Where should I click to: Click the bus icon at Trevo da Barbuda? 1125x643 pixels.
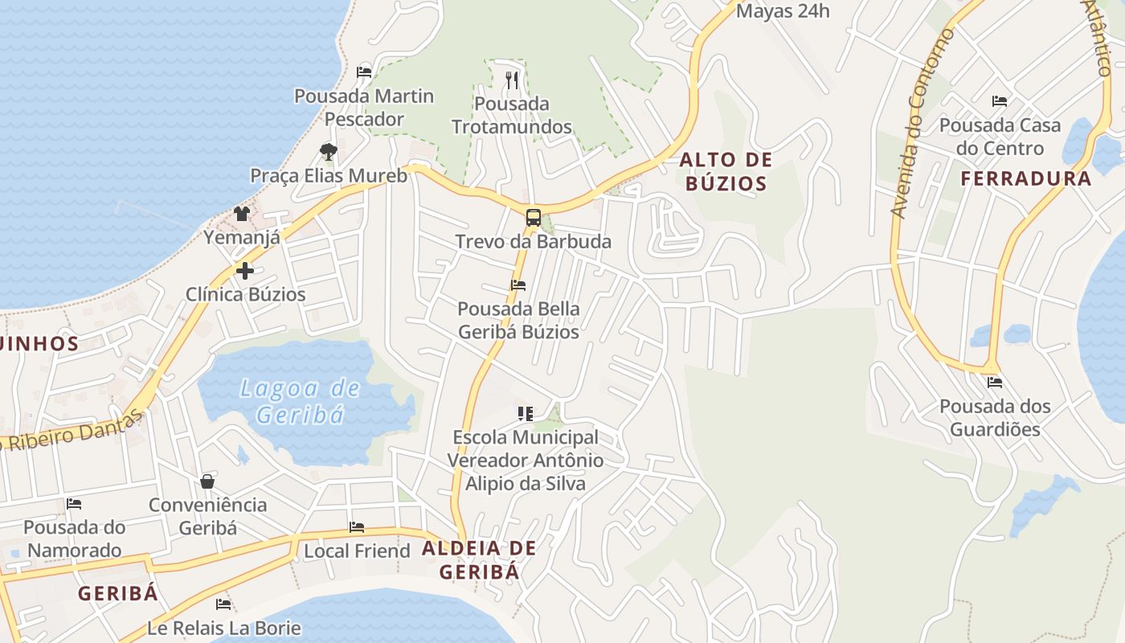[x=533, y=217]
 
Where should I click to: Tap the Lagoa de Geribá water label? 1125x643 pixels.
[x=301, y=401]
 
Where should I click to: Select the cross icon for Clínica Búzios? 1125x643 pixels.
[x=245, y=271]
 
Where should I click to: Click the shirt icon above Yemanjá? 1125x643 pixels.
[x=241, y=213]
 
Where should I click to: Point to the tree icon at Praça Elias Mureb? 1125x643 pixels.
[x=328, y=151]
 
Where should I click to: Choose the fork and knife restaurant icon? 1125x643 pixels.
[x=512, y=80]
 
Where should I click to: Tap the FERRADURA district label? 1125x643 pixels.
[x=1026, y=178]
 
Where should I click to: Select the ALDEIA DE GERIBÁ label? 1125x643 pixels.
[x=479, y=560]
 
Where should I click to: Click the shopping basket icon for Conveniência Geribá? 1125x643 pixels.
[x=207, y=481]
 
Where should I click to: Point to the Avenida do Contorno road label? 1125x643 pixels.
[x=922, y=125]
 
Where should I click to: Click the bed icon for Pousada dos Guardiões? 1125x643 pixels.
[x=995, y=383]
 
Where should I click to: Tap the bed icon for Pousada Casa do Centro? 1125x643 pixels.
[x=1000, y=101]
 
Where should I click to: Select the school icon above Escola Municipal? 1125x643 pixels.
[x=526, y=414]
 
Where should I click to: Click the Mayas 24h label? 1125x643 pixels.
[x=783, y=11]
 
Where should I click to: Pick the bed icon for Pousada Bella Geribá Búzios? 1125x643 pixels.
[x=518, y=285]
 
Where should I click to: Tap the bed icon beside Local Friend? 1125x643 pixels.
[x=357, y=527]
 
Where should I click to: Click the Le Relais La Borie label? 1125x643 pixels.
[x=223, y=628]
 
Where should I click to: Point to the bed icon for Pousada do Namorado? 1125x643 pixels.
[x=74, y=504]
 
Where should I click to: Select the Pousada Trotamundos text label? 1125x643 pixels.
[x=512, y=115]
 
